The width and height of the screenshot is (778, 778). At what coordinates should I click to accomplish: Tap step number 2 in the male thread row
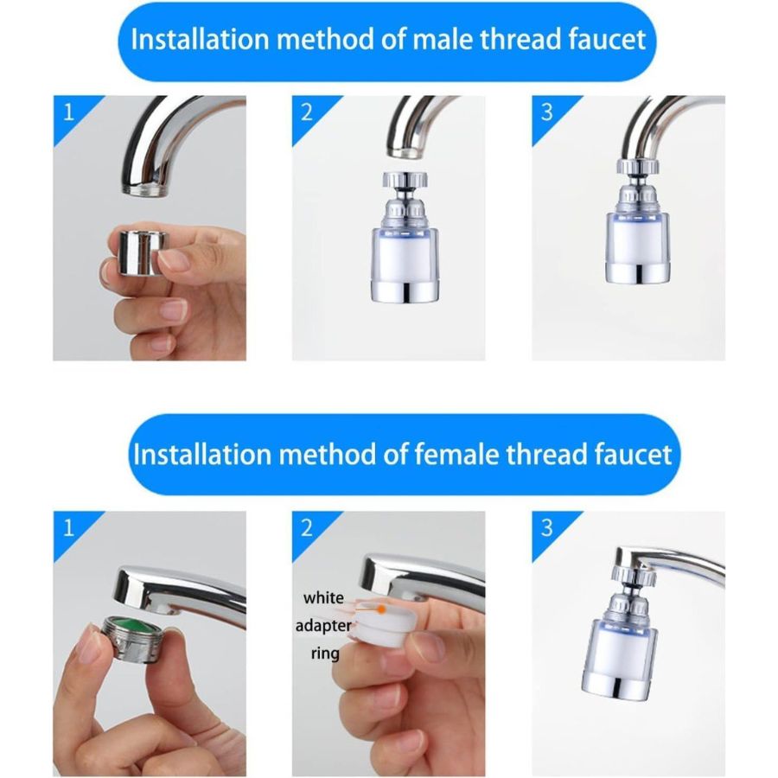tap(306, 111)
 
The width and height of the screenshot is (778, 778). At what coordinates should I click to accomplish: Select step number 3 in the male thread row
tap(546, 111)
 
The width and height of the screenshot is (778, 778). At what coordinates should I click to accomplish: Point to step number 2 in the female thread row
tap(306, 526)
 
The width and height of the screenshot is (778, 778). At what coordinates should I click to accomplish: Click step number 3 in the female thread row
tap(546, 526)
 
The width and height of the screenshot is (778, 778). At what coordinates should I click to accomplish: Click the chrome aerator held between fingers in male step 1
tap(141, 253)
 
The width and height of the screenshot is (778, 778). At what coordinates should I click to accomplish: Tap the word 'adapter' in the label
tap(323, 625)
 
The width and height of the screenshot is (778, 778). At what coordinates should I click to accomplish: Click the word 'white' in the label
tap(323, 597)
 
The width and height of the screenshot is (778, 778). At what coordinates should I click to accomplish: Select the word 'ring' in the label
tap(325, 654)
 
